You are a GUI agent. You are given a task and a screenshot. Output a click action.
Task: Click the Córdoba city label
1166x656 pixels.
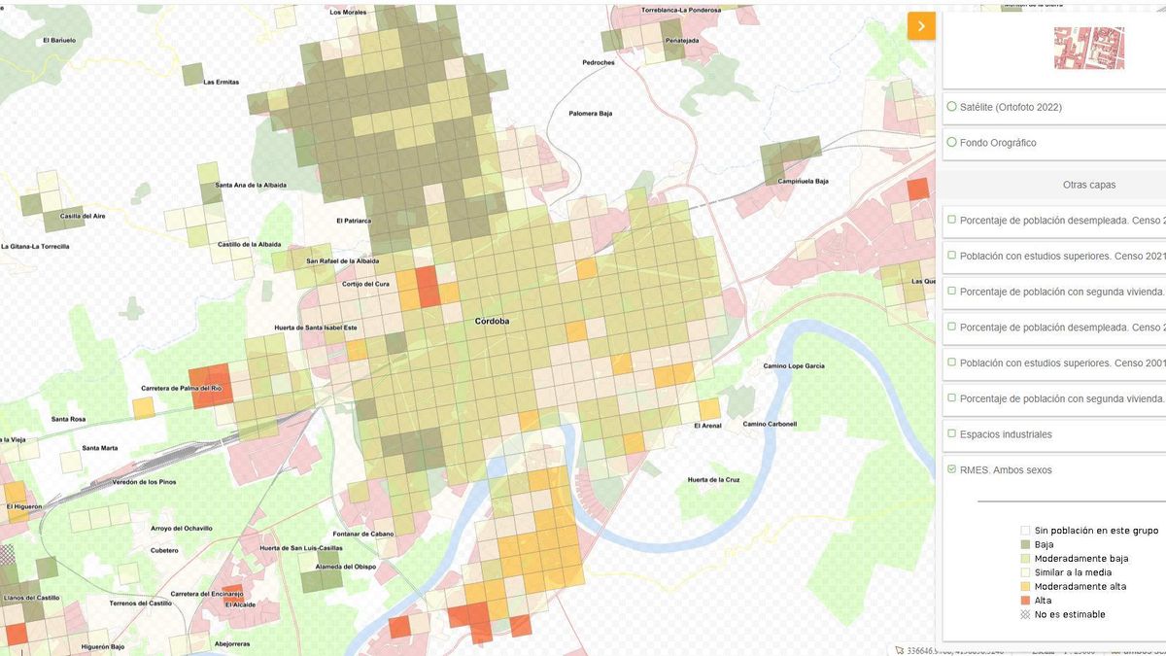pos(492,321)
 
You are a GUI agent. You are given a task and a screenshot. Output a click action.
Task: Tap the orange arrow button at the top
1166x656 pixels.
pos(920,26)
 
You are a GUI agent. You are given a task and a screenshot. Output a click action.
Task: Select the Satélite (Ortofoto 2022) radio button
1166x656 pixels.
pos(952,107)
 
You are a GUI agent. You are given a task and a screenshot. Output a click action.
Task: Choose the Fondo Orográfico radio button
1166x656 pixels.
pos(952,143)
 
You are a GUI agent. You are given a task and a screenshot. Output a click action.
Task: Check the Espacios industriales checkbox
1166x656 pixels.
pos(952,434)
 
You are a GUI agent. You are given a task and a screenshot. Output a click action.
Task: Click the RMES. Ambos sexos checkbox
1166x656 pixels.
pos(952,470)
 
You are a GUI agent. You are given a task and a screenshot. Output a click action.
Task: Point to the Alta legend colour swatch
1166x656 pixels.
pos(1025,601)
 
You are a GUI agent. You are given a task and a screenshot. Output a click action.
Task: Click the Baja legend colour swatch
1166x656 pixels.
pos(1025,545)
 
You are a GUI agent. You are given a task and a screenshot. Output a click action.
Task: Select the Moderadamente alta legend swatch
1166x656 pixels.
pos(1025,587)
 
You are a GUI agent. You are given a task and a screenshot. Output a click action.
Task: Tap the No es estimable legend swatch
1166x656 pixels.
pos(1025,614)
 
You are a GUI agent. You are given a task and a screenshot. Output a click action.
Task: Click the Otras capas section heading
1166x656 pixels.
pos(1089,185)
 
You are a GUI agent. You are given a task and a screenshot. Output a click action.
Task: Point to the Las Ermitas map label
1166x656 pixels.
pos(222,83)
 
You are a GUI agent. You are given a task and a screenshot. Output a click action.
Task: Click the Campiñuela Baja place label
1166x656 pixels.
pos(803,181)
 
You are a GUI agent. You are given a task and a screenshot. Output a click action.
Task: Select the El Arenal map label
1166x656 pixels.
pos(707,426)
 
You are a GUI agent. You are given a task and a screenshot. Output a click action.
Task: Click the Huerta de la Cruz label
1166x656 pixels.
pos(714,480)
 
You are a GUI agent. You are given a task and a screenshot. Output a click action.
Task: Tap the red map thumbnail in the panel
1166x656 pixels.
pos(1089,48)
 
